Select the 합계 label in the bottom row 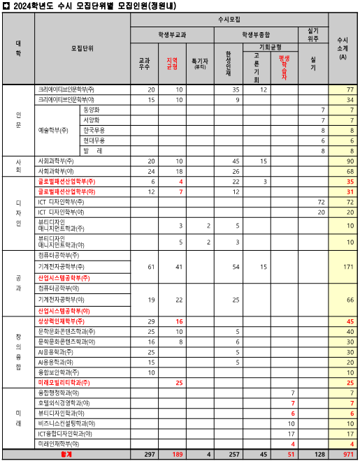(x=66, y=454)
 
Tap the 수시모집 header (x=229, y=19)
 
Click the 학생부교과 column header (x=172, y=34)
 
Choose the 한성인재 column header (x=229, y=64)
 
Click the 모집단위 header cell (x=82, y=48)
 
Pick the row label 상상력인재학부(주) (x=63, y=321)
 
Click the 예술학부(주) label (x=54, y=131)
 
